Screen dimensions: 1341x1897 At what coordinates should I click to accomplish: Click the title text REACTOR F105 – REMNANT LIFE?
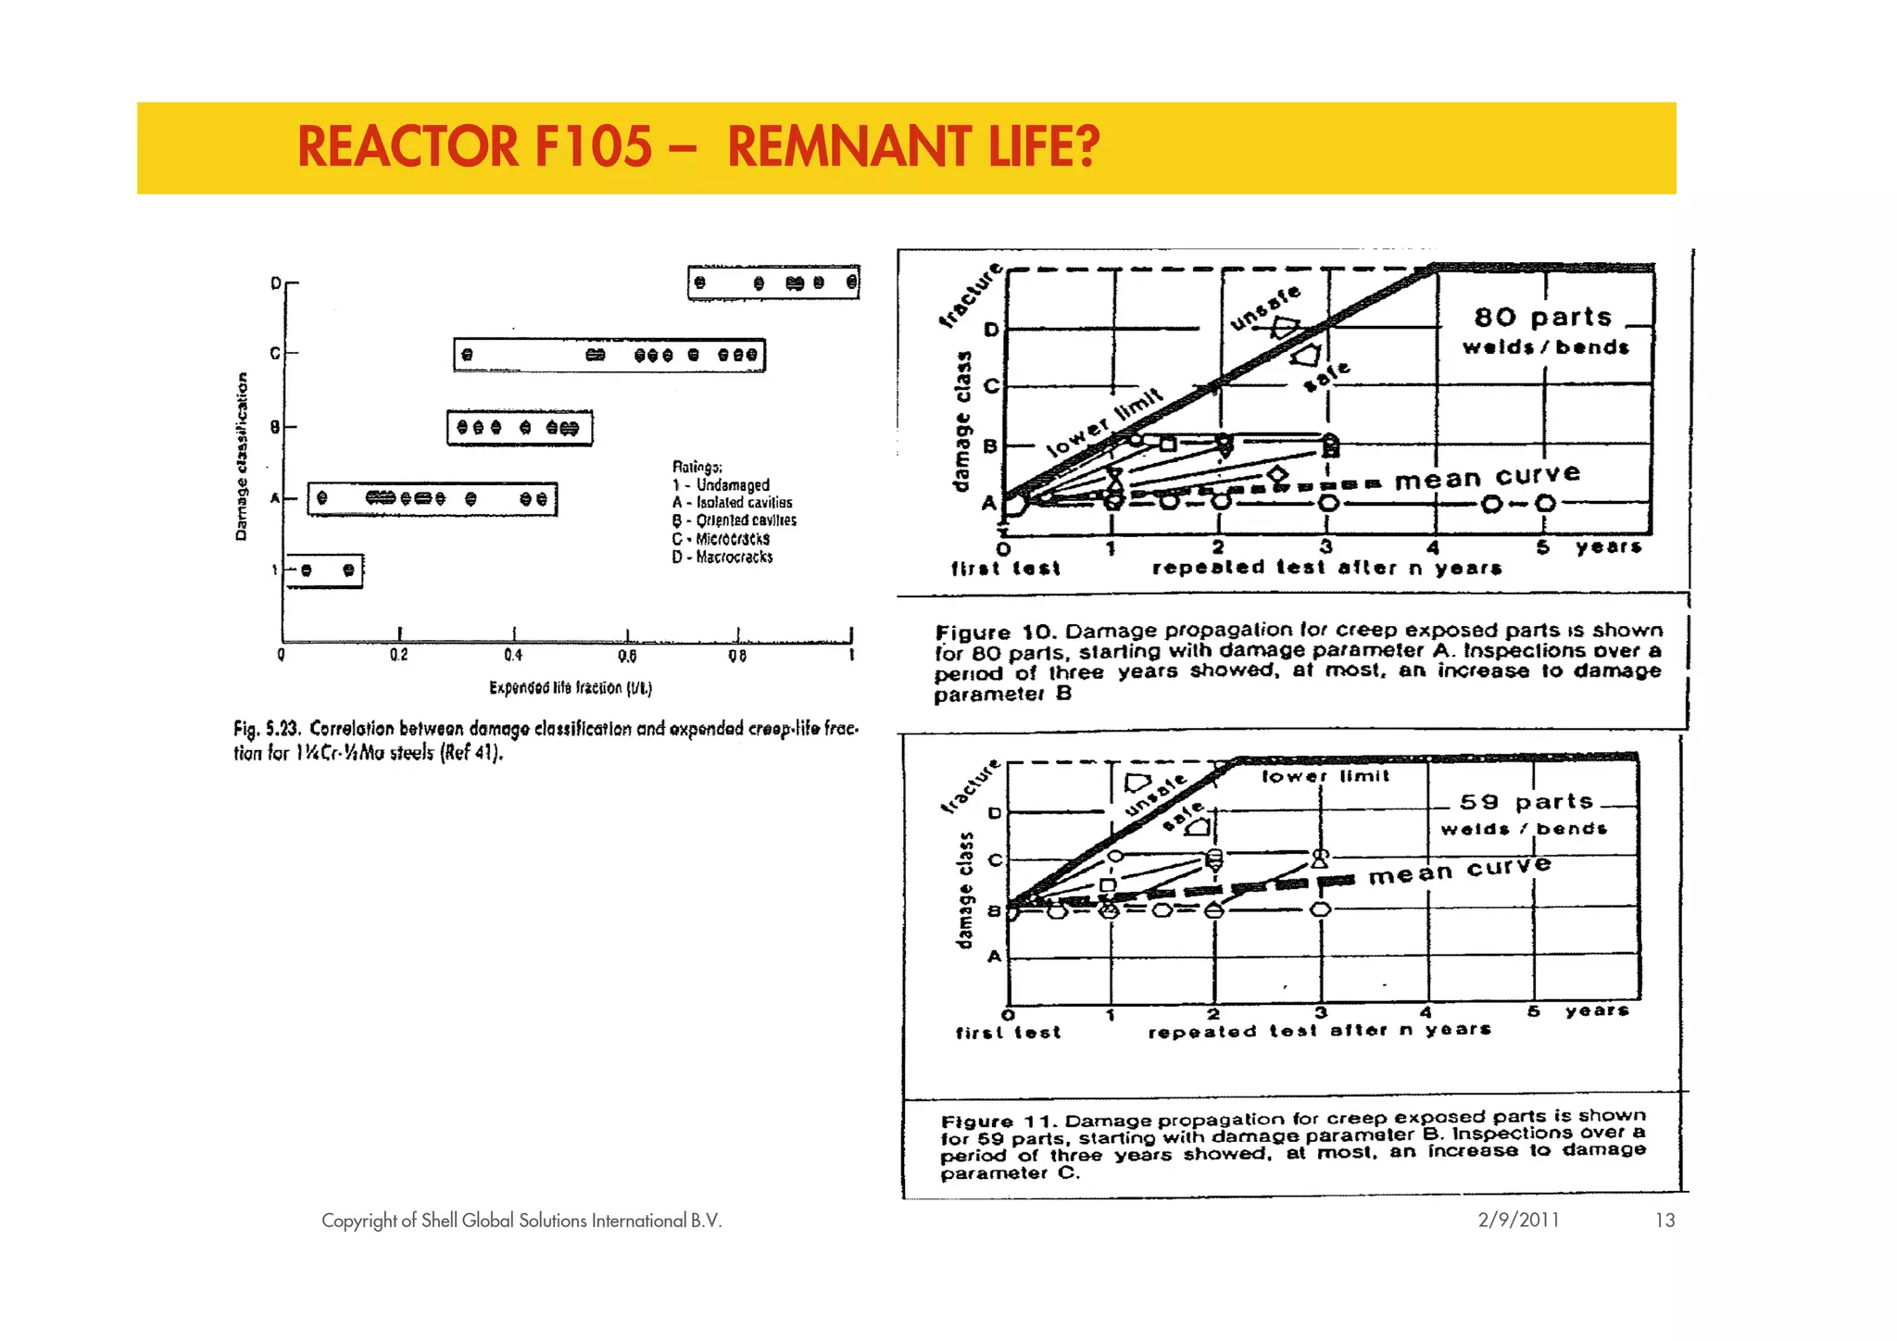pos(698,147)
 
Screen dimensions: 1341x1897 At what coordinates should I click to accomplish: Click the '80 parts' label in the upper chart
pos(1542,318)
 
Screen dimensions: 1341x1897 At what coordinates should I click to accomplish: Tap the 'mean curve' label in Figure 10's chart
pos(1487,478)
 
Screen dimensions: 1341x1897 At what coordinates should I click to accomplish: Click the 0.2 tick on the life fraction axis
pos(398,656)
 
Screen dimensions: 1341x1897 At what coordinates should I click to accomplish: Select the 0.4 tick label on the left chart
pos(513,656)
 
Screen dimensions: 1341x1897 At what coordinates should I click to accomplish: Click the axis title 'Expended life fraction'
pos(570,688)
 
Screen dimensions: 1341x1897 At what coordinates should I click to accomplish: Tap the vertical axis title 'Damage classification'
pos(242,456)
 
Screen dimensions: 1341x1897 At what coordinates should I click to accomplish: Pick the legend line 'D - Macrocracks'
pos(722,557)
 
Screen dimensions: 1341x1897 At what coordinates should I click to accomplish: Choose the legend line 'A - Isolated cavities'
pos(732,503)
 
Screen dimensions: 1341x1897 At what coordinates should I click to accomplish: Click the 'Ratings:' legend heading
pos(697,467)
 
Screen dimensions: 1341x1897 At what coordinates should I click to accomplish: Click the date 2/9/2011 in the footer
pos(1518,1221)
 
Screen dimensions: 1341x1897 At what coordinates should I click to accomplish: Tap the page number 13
pos(1665,1221)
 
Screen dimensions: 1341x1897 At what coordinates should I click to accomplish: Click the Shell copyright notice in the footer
pos(521,1221)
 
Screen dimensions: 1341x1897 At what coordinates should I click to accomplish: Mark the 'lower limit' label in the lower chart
pos(1325,776)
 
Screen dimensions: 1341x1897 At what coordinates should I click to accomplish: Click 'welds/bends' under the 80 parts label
pos(1545,348)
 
